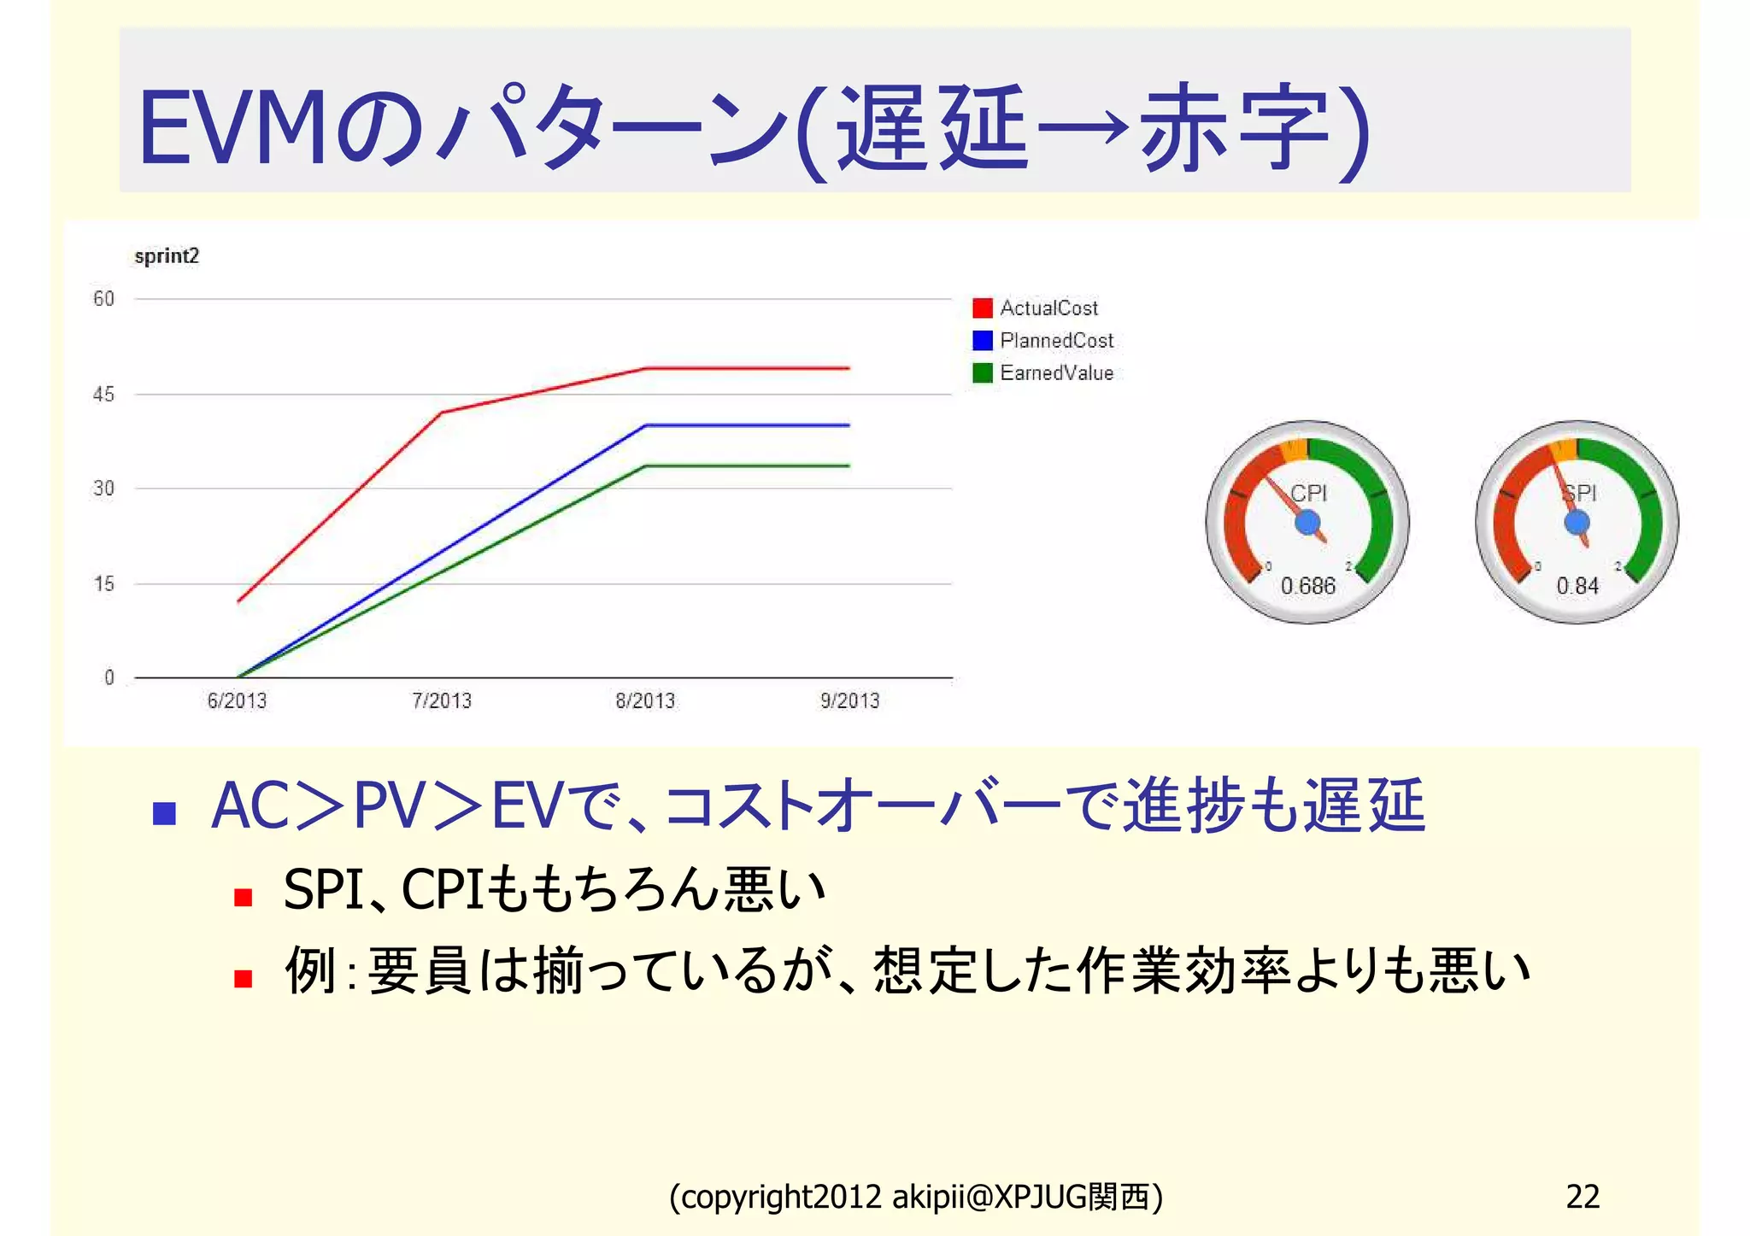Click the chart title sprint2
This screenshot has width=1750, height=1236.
pos(167,256)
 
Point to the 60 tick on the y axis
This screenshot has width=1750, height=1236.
pos(103,299)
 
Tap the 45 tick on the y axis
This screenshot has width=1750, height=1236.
pos(103,395)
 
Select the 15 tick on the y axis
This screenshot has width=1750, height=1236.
pos(103,584)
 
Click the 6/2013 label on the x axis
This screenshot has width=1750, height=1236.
pos(237,701)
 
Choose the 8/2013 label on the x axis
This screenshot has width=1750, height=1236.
pos(645,701)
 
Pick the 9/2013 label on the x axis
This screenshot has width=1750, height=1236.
pos(849,701)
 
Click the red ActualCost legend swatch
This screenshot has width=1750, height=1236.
pos(983,308)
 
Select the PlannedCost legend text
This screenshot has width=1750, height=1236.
pos(1057,341)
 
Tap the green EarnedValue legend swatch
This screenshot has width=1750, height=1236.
pos(983,373)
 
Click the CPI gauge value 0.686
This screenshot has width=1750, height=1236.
pos(1307,586)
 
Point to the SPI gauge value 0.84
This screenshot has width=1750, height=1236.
pos(1577,586)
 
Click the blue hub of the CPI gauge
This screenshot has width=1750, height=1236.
pos(1307,523)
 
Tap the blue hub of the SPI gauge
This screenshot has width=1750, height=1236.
pos(1577,522)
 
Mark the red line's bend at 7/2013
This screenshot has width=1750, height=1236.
pos(442,413)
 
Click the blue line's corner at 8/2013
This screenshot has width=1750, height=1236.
pos(645,425)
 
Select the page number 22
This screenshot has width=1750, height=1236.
pos(1583,1197)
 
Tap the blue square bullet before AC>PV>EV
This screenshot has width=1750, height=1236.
pos(164,812)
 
